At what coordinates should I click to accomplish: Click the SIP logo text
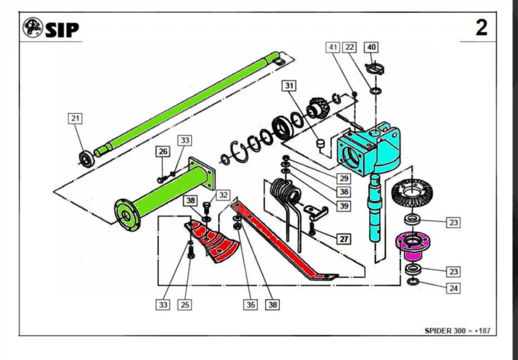tap(62, 30)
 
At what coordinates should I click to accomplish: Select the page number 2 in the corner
tap(481, 27)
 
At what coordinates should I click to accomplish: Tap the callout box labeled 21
tap(75, 118)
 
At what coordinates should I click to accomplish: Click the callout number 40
tap(371, 47)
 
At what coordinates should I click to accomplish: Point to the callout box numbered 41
tap(333, 47)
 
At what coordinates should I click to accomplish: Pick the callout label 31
tap(289, 85)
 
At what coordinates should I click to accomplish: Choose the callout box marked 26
tap(162, 151)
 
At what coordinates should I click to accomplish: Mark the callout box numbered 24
tap(453, 288)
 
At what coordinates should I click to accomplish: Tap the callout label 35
tap(251, 304)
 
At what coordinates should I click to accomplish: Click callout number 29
tap(344, 178)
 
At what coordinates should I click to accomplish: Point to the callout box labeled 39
tap(344, 206)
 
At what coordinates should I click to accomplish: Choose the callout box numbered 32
tap(223, 195)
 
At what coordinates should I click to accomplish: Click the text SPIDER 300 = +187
tap(457, 331)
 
